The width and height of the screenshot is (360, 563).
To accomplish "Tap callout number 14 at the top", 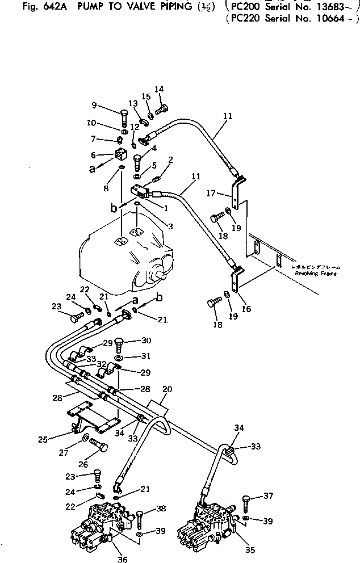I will (x=159, y=89).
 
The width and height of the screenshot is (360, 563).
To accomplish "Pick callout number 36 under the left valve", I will (x=123, y=558).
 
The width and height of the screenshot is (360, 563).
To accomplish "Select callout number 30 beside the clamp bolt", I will (x=146, y=341).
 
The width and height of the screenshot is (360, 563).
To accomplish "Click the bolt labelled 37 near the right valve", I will (x=245, y=502).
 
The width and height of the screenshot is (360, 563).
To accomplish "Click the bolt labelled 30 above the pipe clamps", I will (x=119, y=344).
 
